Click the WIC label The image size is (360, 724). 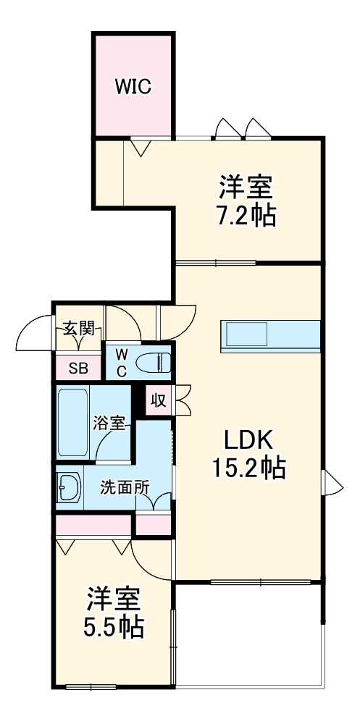pos(133,87)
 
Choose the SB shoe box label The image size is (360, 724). pos(78,368)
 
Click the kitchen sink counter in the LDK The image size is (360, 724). pos(269,336)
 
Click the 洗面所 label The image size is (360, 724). pos(125,487)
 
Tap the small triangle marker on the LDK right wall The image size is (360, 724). pos(332,482)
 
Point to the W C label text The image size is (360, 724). pos(122,362)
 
